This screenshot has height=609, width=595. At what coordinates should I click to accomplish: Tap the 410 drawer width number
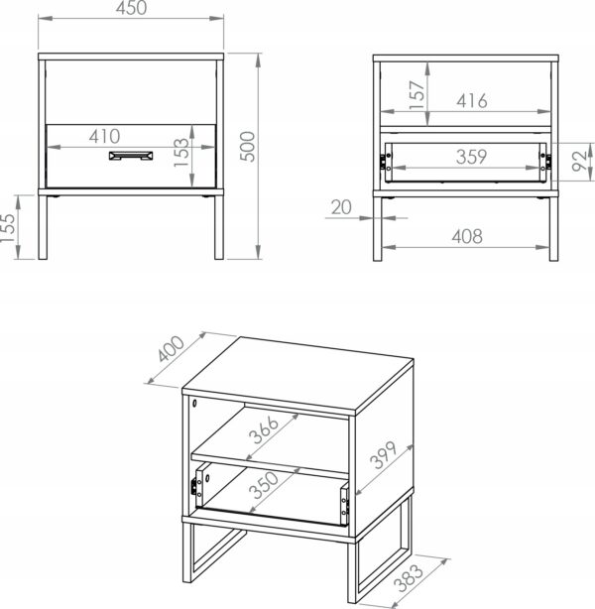(104, 136)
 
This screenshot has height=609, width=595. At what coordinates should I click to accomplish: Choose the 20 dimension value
(343, 207)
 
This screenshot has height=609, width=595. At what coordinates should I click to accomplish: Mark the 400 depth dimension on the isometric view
(170, 353)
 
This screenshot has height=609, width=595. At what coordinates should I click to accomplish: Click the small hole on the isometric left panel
(195, 404)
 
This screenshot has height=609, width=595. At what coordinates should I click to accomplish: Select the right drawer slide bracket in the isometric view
(343, 504)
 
